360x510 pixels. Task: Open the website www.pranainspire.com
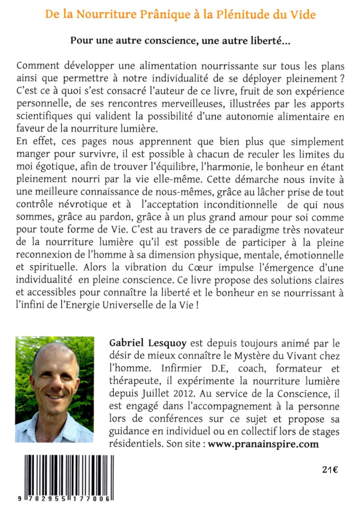click(x=263, y=444)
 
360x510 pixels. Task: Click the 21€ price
click(x=330, y=469)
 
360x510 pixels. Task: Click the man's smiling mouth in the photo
click(x=54, y=395)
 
